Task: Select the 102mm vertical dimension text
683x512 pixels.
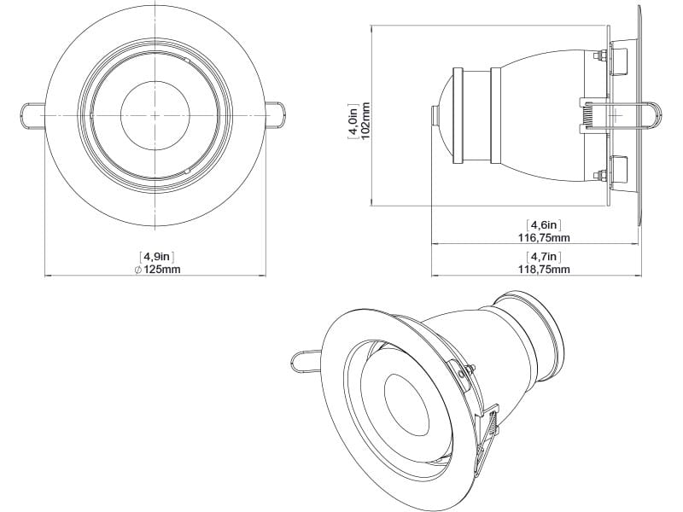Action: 365,117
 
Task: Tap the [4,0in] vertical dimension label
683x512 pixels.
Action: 352,117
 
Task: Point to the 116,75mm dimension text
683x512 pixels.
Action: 547,237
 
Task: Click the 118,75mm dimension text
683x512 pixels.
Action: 547,269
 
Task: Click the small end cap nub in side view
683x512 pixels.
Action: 433,114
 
